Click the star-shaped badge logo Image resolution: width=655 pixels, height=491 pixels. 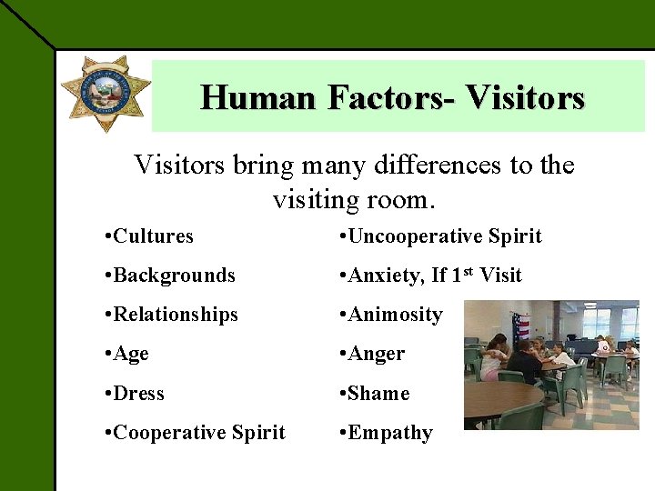[x=106, y=93]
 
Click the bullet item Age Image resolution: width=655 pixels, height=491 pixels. [x=131, y=354]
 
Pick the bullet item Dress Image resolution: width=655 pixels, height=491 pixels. [x=139, y=394]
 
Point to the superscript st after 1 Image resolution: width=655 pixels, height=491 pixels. [x=469, y=270]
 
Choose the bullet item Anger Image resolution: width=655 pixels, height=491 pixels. [x=375, y=354]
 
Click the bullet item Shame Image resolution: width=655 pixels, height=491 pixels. [x=378, y=394]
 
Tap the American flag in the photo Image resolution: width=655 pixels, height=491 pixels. [x=521, y=326]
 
